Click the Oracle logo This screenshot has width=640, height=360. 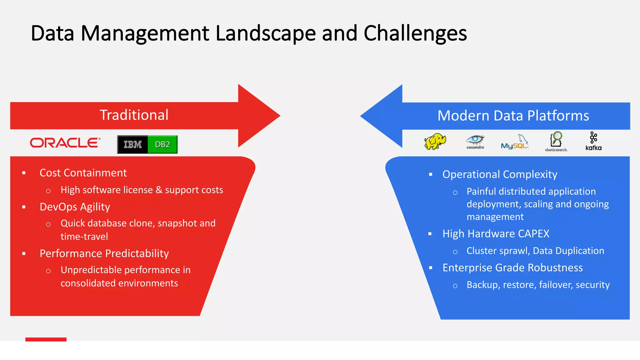click(65, 143)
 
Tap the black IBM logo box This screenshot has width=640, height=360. click(132, 144)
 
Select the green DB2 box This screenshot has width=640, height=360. click(162, 144)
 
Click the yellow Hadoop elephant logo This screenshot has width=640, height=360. click(435, 142)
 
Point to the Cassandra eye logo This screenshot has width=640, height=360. click(475, 141)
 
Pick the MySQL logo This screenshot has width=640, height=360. click(515, 142)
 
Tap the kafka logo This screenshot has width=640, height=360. click(593, 141)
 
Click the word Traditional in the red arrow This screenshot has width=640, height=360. click(134, 115)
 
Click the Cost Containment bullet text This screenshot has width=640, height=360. click(83, 173)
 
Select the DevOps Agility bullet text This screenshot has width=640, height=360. click(75, 207)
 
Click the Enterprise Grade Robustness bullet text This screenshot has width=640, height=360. click(512, 268)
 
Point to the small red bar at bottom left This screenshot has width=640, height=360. click(46, 339)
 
